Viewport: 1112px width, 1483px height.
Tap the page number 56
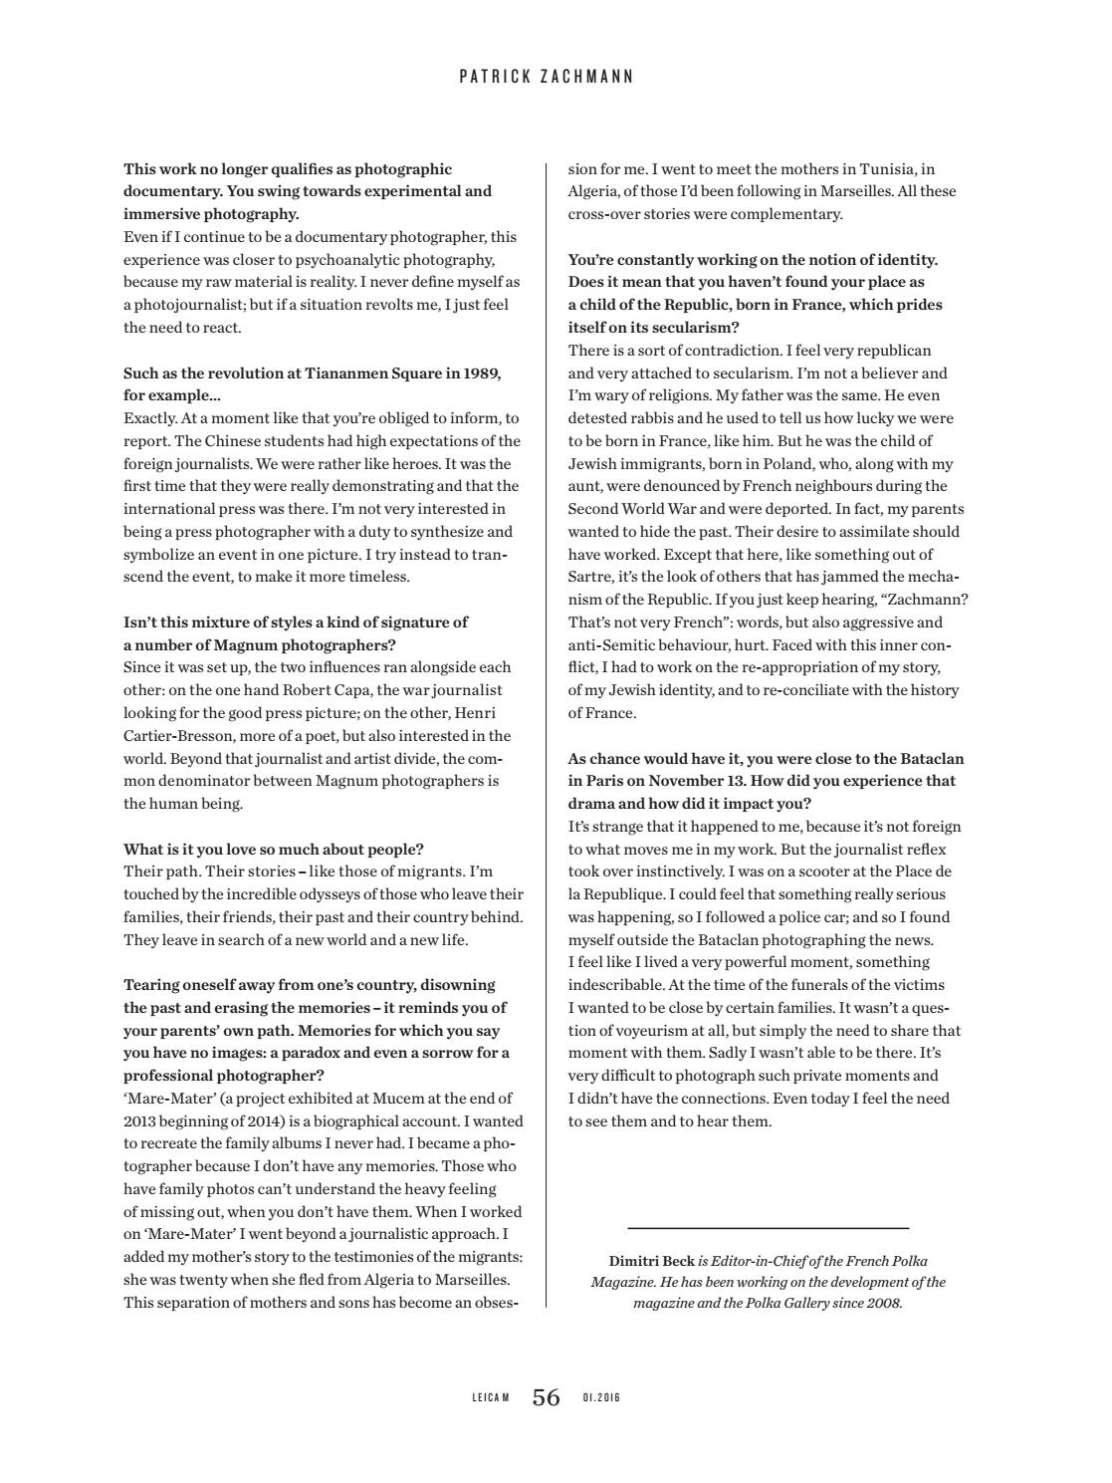click(x=547, y=1397)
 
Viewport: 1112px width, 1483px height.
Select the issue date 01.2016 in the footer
click(x=601, y=1398)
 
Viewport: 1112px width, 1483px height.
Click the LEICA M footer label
click(x=491, y=1398)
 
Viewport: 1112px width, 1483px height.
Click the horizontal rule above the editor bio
click(x=768, y=1228)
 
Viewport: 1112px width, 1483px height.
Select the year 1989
click(x=482, y=373)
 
